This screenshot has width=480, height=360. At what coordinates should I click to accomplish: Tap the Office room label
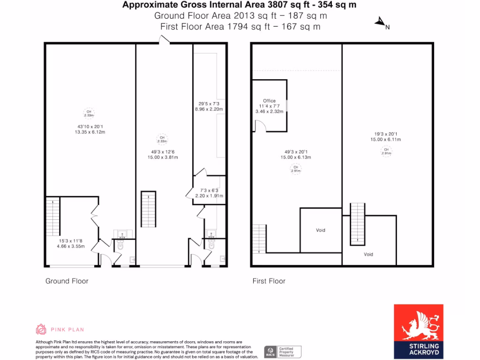269,101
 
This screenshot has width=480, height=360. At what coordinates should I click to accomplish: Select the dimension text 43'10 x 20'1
90,127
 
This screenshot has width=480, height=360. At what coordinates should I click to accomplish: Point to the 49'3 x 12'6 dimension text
162,151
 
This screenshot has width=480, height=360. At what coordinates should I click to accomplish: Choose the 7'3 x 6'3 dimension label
209,190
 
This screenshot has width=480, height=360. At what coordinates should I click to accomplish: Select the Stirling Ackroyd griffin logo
418,324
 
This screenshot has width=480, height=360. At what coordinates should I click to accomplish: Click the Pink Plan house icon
41,329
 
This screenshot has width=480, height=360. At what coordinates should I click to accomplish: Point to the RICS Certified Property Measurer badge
283,352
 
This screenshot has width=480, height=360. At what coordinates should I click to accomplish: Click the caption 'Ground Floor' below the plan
67,281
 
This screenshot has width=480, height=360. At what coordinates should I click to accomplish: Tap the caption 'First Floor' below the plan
269,281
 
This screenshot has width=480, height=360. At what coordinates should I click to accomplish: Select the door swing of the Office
260,126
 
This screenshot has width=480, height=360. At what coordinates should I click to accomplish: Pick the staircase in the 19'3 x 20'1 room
358,224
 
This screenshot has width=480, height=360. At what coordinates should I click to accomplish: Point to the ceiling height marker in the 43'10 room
89,113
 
